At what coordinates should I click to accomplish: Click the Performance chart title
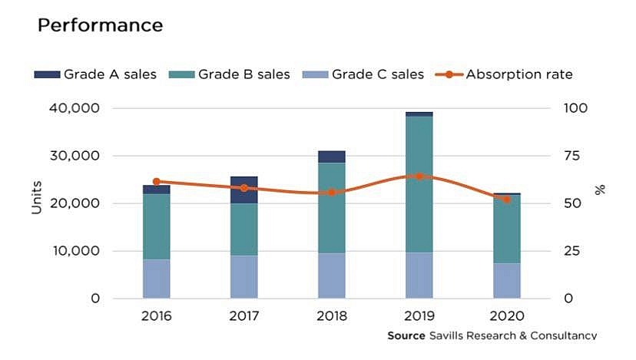[100, 25]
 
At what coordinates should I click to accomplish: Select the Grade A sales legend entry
[95, 74]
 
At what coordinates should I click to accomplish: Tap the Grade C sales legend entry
[366, 74]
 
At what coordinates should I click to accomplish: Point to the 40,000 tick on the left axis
[74, 108]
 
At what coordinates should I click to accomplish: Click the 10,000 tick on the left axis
[74, 251]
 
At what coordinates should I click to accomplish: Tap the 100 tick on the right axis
[576, 108]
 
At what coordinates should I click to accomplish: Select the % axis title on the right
[601, 189]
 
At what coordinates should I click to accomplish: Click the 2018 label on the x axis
[331, 316]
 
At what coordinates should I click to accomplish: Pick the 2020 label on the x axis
[506, 316]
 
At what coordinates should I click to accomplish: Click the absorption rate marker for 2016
[157, 182]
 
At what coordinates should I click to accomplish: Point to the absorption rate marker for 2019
[419, 177]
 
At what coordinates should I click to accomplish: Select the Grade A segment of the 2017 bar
[243, 190]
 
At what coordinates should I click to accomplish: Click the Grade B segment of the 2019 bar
[419, 184]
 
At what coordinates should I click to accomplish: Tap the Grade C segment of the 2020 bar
[506, 281]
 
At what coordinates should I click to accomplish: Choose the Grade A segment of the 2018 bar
[331, 157]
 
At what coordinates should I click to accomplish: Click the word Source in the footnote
[406, 336]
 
